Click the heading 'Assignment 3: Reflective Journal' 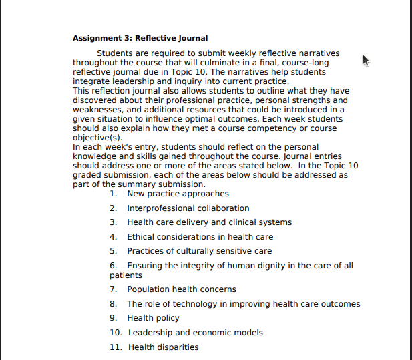click(140, 38)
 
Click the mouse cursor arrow click(366, 61)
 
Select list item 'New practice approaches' click(178, 194)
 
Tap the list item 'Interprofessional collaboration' click(188, 208)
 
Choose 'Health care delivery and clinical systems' click(209, 222)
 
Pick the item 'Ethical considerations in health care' click(200, 237)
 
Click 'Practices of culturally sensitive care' click(199, 251)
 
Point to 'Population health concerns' click(181, 289)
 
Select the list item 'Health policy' click(153, 318)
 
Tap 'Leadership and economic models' click(196, 333)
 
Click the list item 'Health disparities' click(163, 347)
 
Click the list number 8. click(114, 304)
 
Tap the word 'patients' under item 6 click(126, 275)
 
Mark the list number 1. click(114, 194)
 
